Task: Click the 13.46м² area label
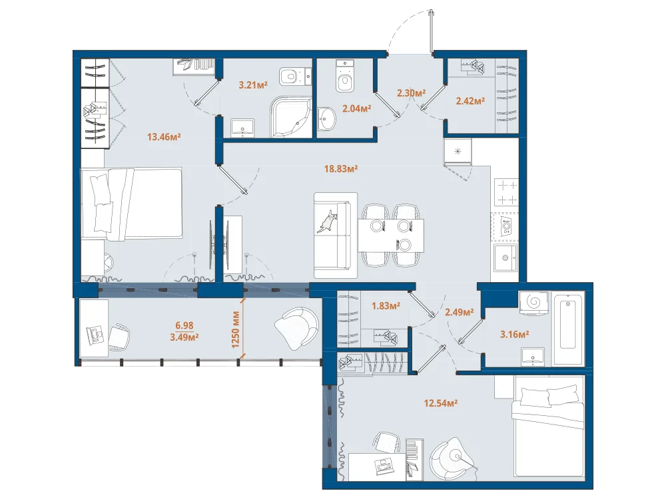[x=164, y=137]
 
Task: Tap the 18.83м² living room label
[x=340, y=169]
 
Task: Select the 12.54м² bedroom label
[x=440, y=403]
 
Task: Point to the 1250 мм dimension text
[x=236, y=330]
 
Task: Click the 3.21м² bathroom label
[x=253, y=85]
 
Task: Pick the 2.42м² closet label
[x=470, y=101]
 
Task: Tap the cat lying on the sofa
[x=328, y=221]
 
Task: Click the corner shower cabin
[x=291, y=117]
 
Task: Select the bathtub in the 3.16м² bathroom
[x=568, y=325]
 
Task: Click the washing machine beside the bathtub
[x=534, y=303]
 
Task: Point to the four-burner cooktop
[x=507, y=192]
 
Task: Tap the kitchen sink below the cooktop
[x=506, y=257]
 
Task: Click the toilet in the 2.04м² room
[x=344, y=76]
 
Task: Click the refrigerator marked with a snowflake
[x=458, y=152]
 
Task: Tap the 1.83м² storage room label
[x=386, y=306]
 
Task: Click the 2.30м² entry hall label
[x=411, y=92]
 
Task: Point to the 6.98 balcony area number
[x=184, y=325]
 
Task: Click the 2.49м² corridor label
[x=459, y=312]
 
